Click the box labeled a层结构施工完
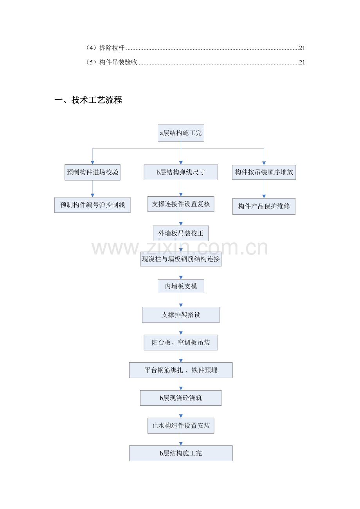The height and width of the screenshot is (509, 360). (181, 133)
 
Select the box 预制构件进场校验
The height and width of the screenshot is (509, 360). (92, 172)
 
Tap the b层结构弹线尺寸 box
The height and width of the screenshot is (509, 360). (181, 172)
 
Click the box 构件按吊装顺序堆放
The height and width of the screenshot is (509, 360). (264, 172)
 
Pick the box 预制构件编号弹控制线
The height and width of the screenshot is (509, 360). (92, 205)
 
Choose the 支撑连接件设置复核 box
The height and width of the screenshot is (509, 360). (181, 204)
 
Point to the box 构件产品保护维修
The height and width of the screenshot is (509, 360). (264, 206)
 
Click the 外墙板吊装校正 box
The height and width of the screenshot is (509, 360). (181, 233)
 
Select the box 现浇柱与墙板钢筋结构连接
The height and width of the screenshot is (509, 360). (181, 259)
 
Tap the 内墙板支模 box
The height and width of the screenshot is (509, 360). (181, 286)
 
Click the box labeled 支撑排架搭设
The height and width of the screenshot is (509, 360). (181, 315)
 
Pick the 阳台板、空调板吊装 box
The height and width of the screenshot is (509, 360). (181, 342)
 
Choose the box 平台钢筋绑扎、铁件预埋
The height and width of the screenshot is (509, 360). (181, 370)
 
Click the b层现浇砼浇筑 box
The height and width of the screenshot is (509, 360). (181, 398)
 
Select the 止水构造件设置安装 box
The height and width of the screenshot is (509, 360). (181, 426)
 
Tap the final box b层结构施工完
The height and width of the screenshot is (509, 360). (181, 453)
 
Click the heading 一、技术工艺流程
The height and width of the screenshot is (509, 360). (88, 100)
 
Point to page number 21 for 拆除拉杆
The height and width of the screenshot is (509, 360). (302, 48)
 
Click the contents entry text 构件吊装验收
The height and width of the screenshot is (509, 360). (118, 62)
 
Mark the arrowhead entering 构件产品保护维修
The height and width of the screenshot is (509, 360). (264, 196)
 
